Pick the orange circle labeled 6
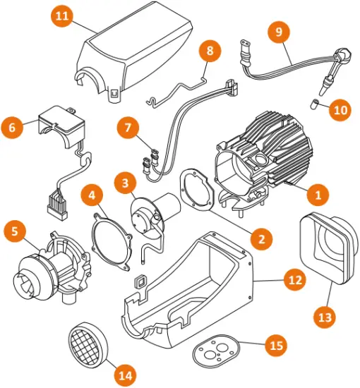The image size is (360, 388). click(x=13, y=128)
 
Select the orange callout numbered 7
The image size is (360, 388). click(x=128, y=128)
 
